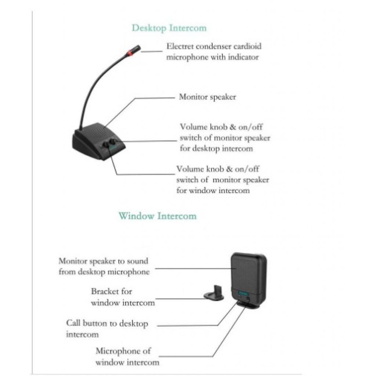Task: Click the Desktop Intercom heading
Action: (x=169, y=28)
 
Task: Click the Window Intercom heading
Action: (x=157, y=216)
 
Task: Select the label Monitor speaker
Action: (x=207, y=97)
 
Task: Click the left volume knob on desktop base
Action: (x=106, y=145)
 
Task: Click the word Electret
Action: (x=181, y=46)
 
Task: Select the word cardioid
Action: (x=248, y=46)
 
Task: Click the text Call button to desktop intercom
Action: (x=107, y=329)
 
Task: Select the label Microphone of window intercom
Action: (x=127, y=356)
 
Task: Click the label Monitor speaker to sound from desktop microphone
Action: (x=104, y=266)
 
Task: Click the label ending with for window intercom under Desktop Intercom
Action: (x=223, y=180)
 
